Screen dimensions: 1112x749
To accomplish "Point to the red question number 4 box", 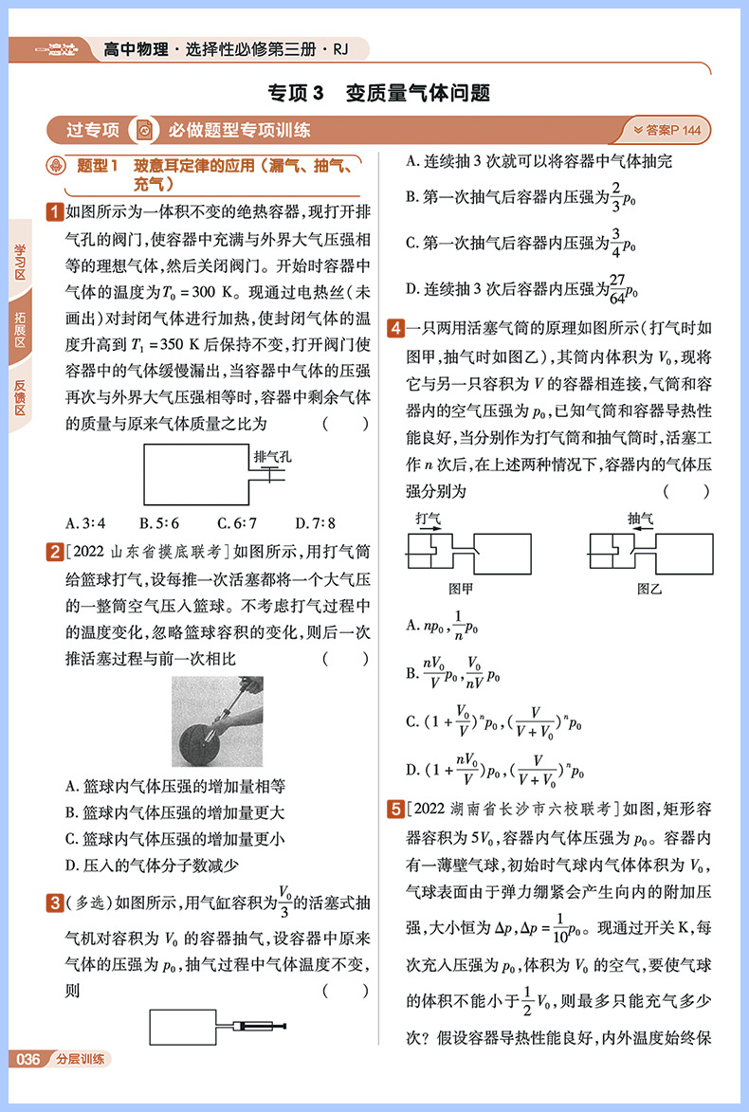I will tap(393, 329).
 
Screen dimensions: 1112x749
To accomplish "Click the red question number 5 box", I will tap(393, 809).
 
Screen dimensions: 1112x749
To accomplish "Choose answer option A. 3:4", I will tap(85, 522).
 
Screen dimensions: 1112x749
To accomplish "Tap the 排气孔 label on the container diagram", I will tap(273, 456).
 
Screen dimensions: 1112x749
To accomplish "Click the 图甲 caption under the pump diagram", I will tap(461, 589).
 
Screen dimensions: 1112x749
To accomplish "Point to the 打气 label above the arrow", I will tap(428, 520).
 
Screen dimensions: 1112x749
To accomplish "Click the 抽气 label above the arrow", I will tap(640, 520).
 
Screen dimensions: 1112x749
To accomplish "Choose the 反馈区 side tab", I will tap(20, 397).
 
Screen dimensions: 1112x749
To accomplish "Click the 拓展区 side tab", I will tap(20, 329).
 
